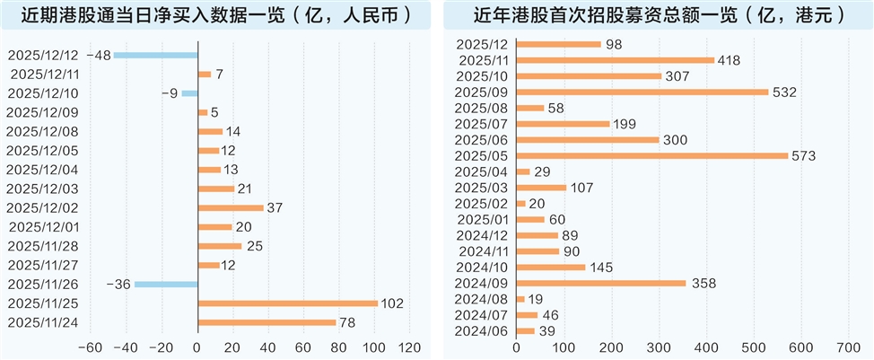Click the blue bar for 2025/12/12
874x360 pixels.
155,56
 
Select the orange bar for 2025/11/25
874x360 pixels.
287,303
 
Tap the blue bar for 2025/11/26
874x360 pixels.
166,285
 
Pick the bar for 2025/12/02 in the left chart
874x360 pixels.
231,208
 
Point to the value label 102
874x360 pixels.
391,303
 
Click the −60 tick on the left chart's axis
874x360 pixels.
90,347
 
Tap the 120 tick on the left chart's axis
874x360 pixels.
409,347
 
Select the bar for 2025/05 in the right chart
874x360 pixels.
651,155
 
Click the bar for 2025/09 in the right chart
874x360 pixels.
642,92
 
